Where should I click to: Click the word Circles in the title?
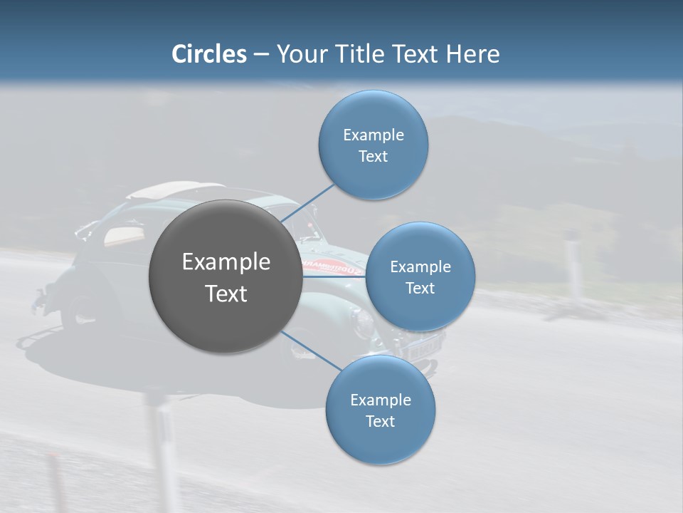(208, 54)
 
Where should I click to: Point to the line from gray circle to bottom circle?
(312, 351)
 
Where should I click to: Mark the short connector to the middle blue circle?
(334, 276)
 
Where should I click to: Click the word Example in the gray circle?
(226, 262)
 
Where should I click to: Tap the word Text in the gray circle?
(226, 294)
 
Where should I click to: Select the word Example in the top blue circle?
(373, 135)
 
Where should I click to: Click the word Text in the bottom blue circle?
(380, 421)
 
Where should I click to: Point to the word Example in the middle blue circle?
(420, 267)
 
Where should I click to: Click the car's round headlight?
(364, 324)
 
